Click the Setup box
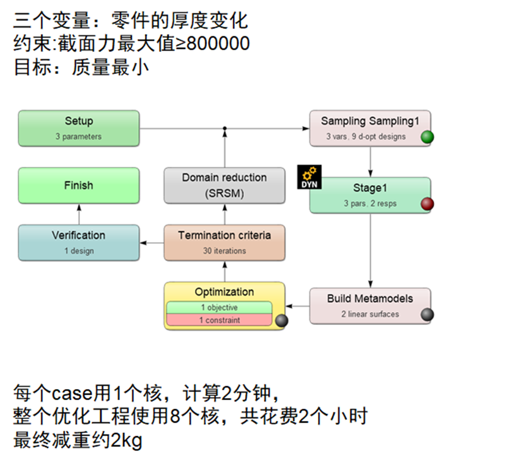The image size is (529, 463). coord(78,128)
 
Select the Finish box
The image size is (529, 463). coord(78,186)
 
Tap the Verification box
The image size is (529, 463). coord(78,242)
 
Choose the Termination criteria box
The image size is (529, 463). coord(224,242)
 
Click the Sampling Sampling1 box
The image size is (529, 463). coord(369,128)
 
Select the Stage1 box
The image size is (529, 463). coord(369,195)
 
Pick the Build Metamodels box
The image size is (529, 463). coord(369,305)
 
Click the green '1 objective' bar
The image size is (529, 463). coord(219,308)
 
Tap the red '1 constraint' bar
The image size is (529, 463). coord(219,320)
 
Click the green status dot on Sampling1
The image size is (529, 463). coord(427,137)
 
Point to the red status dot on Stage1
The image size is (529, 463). coord(427,204)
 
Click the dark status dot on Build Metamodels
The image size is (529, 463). coord(427,315)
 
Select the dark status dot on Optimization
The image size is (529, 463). coord(281,321)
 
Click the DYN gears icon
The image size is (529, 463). coord(309,177)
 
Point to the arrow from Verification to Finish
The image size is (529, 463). coord(78,213)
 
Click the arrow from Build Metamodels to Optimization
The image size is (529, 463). coord(297,305)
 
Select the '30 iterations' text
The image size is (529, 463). coord(224,250)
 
